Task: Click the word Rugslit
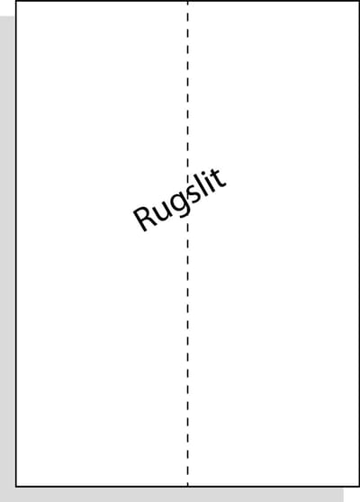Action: coord(180,199)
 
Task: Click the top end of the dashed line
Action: coord(188,1)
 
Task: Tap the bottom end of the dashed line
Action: coord(188,486)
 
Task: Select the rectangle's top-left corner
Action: coord(16,1)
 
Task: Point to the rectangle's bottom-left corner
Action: coord(16,487)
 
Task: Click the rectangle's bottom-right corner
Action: coord(359,487)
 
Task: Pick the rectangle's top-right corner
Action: coord(359,1)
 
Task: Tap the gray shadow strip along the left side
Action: coord(7,259)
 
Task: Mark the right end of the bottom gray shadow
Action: coord(343,495)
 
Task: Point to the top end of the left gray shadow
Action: coord(7,16)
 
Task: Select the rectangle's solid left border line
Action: coord(16,244)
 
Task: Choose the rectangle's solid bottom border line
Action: coord(187,487)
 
